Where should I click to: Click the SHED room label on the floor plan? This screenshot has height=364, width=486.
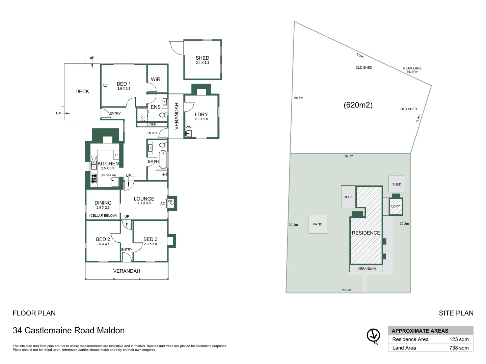point(202,58)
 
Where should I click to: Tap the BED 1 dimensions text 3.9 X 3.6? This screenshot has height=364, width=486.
point(124,89)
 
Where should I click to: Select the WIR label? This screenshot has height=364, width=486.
point(156,79)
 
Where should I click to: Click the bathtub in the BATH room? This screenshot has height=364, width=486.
point(163,159)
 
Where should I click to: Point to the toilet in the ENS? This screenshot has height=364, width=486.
point(162,115)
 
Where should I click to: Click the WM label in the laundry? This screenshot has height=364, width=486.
point(189,127)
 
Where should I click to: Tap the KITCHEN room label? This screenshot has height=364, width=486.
point(108,163)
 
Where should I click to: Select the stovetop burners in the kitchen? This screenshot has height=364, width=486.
point(94,179)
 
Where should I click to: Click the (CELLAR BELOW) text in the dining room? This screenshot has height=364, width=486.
point(103,216)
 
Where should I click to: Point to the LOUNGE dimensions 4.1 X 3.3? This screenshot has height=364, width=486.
point(144,203)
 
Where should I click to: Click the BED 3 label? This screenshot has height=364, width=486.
point(150,239)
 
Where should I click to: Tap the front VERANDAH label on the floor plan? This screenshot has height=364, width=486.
point(127,271)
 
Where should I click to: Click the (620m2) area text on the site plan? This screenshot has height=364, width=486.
point(358,105)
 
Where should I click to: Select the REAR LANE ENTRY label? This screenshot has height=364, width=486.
point(412,70)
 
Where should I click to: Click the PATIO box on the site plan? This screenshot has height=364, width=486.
point(318,224)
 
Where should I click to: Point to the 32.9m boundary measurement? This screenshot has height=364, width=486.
point(360,56)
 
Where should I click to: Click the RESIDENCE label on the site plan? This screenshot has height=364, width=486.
point(366,233)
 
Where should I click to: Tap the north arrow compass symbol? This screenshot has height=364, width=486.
point(373,335)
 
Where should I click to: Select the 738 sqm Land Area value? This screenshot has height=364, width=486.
point(459,348)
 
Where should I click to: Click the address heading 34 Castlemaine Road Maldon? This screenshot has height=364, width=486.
point(69,331)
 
